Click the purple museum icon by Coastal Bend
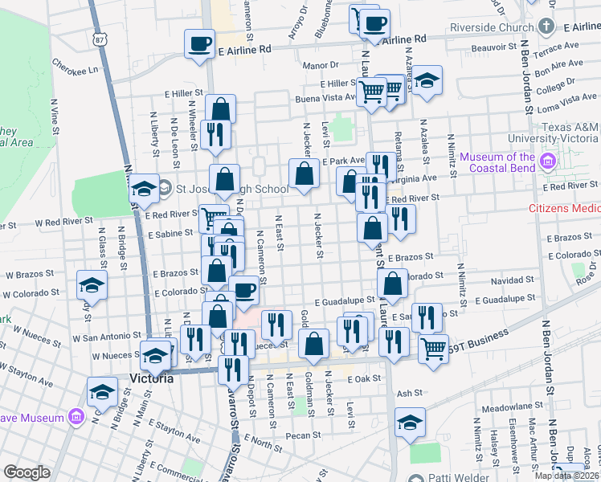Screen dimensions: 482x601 [549, 162]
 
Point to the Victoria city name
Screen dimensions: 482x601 [151, 378]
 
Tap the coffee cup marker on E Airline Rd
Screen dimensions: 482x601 [199, 44]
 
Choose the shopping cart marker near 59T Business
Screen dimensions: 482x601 [433, 349]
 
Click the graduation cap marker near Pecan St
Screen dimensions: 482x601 [409, 423]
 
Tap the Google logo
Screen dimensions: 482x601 [27, 472]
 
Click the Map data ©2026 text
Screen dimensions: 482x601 [566, 476]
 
